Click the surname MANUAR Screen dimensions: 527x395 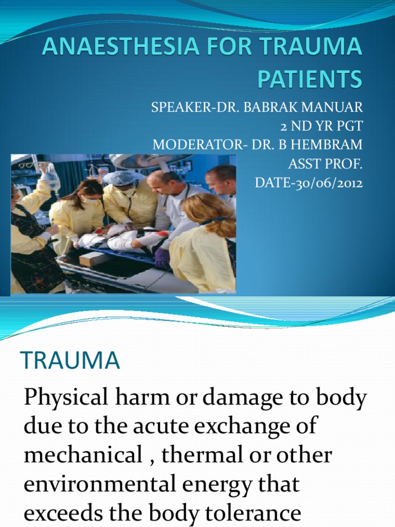pyautogui.click(x=334, y=109)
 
